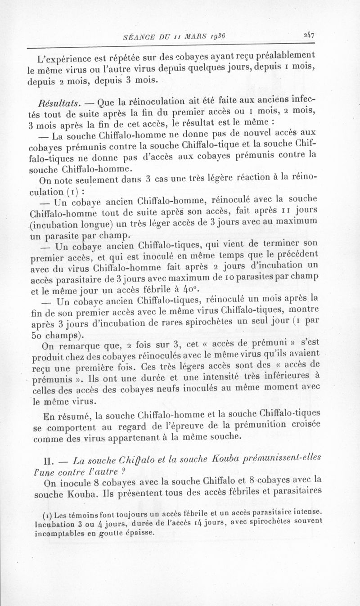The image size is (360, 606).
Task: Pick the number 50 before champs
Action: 40,335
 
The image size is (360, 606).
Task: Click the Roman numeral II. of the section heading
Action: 48,461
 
